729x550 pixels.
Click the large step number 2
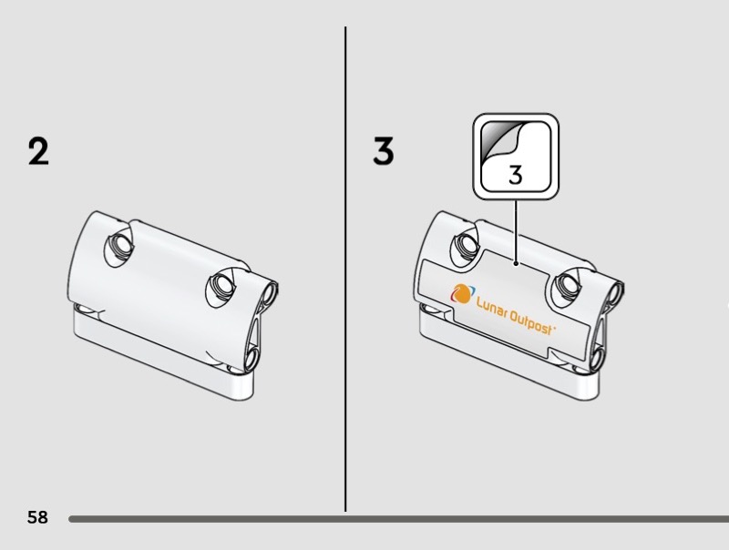(38, 151)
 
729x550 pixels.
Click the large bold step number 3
(384, 151)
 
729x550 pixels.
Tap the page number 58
(37, 517)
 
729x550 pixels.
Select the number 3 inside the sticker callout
(515, 175)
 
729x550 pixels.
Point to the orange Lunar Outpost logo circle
(462, 294)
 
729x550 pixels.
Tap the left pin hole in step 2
(120, 245)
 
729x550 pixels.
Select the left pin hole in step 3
(466, 245)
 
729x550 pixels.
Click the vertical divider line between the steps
(345, 270)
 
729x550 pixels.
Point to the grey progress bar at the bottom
(399, 519)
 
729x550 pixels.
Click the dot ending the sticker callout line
(516, 264)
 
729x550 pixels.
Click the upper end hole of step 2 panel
(269, 292)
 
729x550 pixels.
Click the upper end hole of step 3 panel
(614, 292)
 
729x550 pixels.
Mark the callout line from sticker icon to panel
(516, 231)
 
